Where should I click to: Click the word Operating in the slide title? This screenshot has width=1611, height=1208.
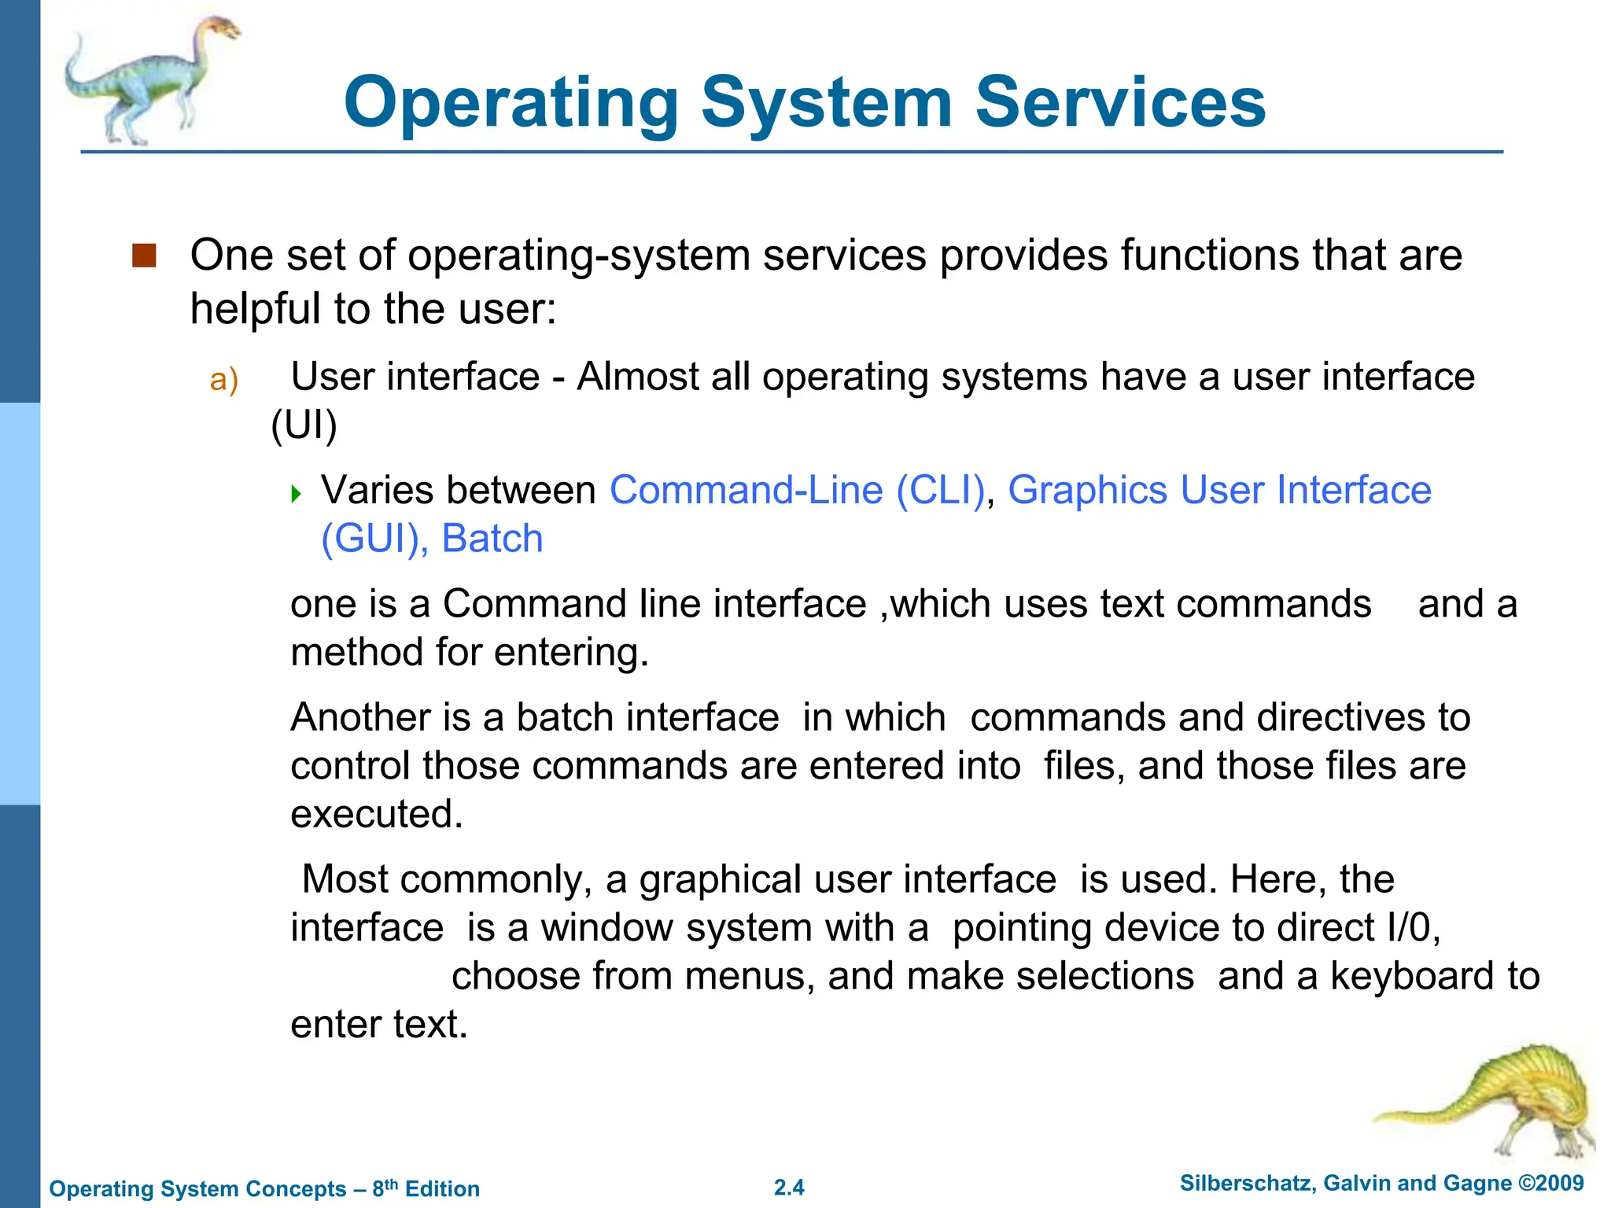click(511, 104)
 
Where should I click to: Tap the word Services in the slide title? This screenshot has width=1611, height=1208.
click(1120, 102)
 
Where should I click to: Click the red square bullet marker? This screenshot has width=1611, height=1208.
click(145, 256)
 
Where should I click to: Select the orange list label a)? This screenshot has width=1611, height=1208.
click(223, 380)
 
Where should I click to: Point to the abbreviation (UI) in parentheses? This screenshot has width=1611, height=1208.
click(304, 425)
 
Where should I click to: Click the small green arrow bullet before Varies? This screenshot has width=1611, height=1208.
click(296, 494)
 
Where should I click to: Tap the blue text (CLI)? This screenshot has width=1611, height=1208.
click(940, 490)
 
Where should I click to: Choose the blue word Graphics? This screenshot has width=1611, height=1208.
click(1087, 490)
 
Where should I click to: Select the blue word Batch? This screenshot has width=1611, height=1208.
click(492, 540)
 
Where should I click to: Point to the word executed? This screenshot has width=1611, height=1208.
click(376, 814)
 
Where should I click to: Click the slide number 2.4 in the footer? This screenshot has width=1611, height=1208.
click(789, 1188)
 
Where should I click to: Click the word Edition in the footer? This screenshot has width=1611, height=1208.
click(442, 1188)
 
